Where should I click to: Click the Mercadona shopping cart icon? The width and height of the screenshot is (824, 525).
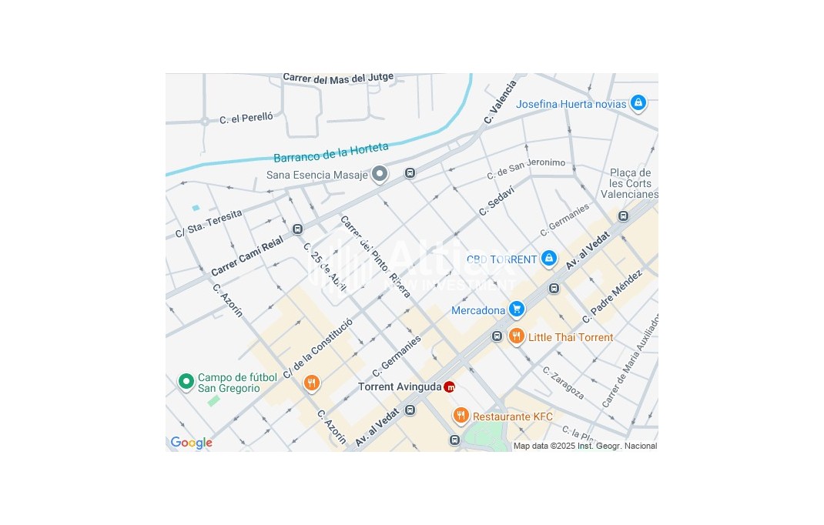tap(516, 309)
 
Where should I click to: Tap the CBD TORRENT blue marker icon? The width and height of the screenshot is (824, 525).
tap(548, 259)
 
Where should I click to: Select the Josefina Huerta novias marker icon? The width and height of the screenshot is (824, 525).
tap(638, 102)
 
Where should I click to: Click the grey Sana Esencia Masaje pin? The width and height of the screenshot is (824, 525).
tap(379, 174)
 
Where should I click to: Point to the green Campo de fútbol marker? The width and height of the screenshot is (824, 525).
tap(186, 381)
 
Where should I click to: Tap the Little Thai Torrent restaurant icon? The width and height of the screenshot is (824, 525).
tap(516, 336)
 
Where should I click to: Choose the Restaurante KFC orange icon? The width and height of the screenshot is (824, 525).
tap(461, 416)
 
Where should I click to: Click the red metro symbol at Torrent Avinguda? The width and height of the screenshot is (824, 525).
tap(450, 386)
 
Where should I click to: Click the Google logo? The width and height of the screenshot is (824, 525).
tap(191, 443)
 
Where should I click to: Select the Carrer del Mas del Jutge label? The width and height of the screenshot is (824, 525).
tap(338, 78)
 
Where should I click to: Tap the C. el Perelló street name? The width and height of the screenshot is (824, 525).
tap(246, 119)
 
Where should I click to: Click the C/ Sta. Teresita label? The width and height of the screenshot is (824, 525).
tap(209, 223)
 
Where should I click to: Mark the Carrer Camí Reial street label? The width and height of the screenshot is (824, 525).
tap(247, 257)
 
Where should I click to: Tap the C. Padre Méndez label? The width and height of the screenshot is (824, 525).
tap(612, 296)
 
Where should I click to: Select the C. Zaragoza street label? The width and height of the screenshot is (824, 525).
tap(563, 383)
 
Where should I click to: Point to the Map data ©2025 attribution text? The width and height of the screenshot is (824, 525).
tap(585, 446)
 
